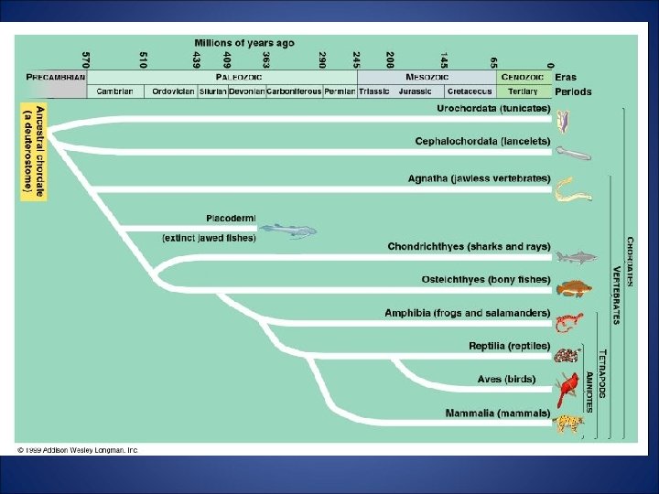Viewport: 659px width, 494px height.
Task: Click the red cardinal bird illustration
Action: pos(568,390)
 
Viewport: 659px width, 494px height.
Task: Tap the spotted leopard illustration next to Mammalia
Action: pos(568,423)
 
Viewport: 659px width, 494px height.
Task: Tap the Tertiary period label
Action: pos(524,91)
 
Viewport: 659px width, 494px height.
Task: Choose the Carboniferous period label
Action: pos(295,91)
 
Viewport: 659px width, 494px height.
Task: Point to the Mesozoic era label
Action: pos(427,78)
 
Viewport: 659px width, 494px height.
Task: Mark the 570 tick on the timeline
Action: pos(86,60)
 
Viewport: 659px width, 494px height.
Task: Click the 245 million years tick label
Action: pos(356,60)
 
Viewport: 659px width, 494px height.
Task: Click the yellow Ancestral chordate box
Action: pos(34,152)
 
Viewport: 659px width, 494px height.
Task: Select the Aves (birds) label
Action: pos(506,379)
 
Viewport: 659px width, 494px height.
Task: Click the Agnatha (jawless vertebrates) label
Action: pos(479,177)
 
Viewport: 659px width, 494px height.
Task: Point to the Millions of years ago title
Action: pos(245,43)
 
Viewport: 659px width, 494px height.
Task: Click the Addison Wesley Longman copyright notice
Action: pos(78,450)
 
